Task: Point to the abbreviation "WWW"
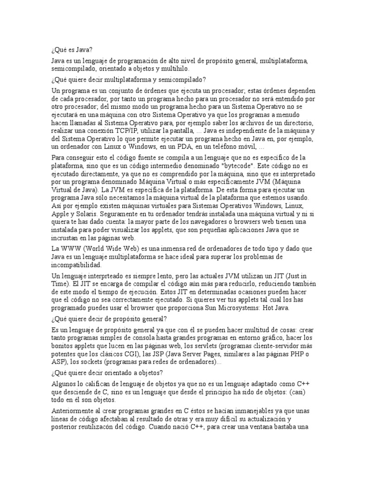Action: coord(71,248)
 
